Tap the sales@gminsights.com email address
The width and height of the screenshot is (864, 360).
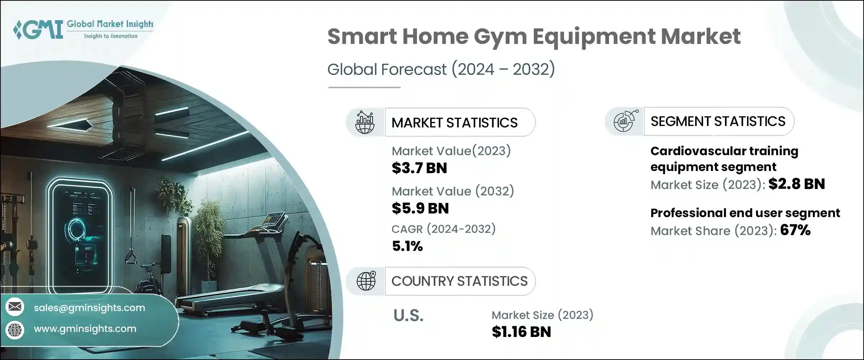[89, 308]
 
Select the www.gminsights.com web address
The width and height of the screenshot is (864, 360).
[85, 329]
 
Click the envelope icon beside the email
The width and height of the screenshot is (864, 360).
[15, 307]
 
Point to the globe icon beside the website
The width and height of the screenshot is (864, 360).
[15, 329]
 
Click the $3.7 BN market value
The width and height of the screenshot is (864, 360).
[419, 168]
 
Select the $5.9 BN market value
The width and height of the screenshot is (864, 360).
[420, 208]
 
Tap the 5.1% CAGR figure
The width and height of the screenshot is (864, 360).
[407, 246]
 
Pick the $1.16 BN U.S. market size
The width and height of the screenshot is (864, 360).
[521, 332]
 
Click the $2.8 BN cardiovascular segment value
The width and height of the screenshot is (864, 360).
[796, 184]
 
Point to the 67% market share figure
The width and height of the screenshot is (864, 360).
[795, 230]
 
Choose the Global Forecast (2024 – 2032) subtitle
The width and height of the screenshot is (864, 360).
[441, 69]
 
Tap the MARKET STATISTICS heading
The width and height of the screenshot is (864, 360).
[454, 123]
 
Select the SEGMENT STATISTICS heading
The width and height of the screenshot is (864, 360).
[718, 121]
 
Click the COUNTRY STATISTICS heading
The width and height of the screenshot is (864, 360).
[459, 281]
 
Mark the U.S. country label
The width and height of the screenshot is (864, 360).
[408, 316]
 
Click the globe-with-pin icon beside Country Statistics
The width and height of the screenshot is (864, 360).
[366, 281]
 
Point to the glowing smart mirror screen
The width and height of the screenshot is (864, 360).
[80, 234]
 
